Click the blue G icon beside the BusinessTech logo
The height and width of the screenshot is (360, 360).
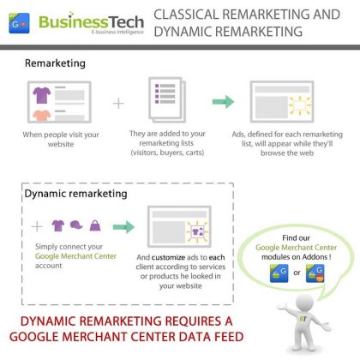click(x=19, y=23)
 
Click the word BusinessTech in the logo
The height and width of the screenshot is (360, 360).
click(x=91, y=21)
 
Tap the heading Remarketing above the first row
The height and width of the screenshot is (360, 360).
click(x=55, y=63)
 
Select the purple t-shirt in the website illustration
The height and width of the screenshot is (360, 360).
click(x=42, y=95)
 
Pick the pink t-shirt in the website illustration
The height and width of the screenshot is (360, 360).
click(x=42, y=115)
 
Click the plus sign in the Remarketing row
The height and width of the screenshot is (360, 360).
click(x=118, y=103)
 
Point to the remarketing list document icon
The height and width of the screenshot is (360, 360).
click(x=167, y=99)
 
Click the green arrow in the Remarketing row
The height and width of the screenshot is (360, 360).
click(x=223, y=101)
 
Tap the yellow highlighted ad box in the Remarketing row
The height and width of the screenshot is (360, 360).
click(x=299, y=105)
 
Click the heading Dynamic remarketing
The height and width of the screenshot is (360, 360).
click(x=75, y=194)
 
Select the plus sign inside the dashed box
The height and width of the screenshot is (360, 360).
click(x=37, y=226)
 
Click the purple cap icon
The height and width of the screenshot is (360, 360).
click(x=76, y=225)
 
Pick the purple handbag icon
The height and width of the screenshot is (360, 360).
click(x=95, y=225)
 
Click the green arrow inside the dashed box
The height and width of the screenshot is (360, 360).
click(x=123, y=227)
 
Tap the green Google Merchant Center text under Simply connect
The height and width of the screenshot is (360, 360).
click(x=75, y=256)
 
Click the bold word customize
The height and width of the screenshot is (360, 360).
click(x=168, y=257)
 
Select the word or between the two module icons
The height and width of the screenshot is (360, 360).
click(x=297, y=273)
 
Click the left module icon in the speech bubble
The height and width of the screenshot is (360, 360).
click(x=279, y=273)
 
